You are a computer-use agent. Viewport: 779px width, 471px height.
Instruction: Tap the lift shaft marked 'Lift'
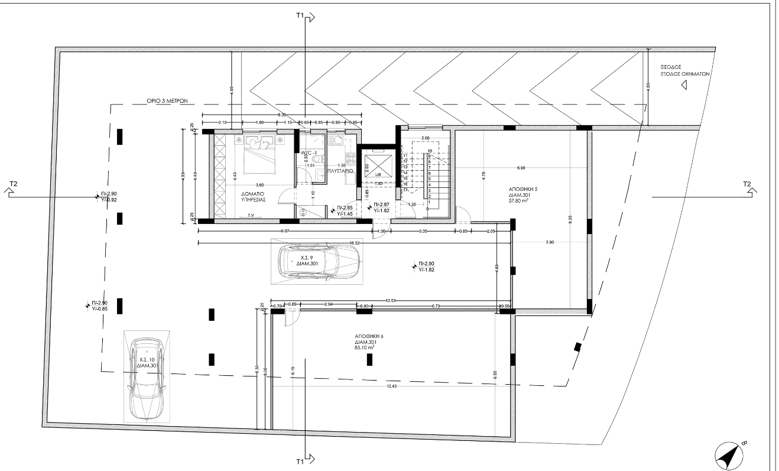[x=377, y=167]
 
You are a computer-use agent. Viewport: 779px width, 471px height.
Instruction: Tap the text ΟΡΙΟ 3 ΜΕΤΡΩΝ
[x=167, y=101]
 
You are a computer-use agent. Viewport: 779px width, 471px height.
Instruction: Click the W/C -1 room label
[x=309, y=153]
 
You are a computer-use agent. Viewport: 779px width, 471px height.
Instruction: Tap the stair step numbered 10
[x=430, y=151]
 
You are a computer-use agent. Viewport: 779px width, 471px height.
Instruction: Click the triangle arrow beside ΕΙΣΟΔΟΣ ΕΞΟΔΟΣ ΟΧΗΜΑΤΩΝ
[x=684, y=85]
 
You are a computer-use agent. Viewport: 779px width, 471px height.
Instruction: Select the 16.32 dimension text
[x=355, y=242]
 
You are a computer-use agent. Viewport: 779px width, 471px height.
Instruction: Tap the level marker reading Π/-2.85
[x=345, y=207]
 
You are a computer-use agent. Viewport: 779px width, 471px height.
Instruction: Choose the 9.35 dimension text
[x=570, y=217]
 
